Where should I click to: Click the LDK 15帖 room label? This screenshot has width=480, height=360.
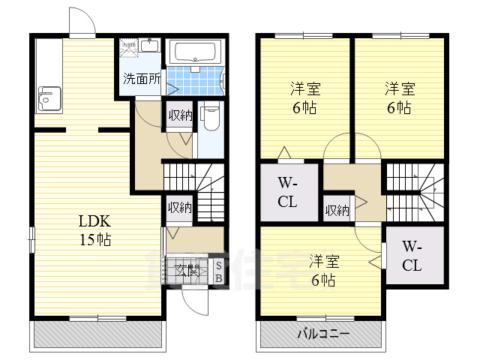coord(95,230)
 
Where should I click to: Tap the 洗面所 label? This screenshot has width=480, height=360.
coord(141,78)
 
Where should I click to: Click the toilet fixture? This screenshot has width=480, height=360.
coord(211,118)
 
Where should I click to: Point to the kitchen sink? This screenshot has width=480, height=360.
coord(49,98)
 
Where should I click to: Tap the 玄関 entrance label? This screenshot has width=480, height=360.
coord(187,271)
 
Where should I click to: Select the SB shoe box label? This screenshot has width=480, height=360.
coord(218,272)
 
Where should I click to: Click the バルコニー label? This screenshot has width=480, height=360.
coord(325,332)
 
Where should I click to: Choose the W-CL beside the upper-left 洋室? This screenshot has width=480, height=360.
coord(288,192)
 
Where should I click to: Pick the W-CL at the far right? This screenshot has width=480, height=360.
coord(412,256)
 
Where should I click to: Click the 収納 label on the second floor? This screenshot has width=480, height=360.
coord(337,210)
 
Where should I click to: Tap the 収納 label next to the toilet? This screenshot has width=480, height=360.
coord(179,115)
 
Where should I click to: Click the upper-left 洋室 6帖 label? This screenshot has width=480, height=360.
coord(303,97)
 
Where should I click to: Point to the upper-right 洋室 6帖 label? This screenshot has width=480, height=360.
coord(398,97)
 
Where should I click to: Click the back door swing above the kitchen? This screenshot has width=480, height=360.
coord(82,20)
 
